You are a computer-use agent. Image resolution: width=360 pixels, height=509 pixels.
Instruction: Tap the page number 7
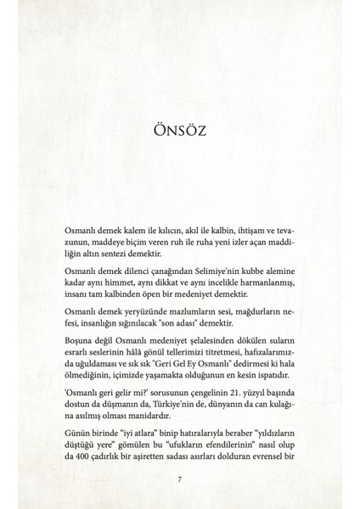(179, 479)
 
